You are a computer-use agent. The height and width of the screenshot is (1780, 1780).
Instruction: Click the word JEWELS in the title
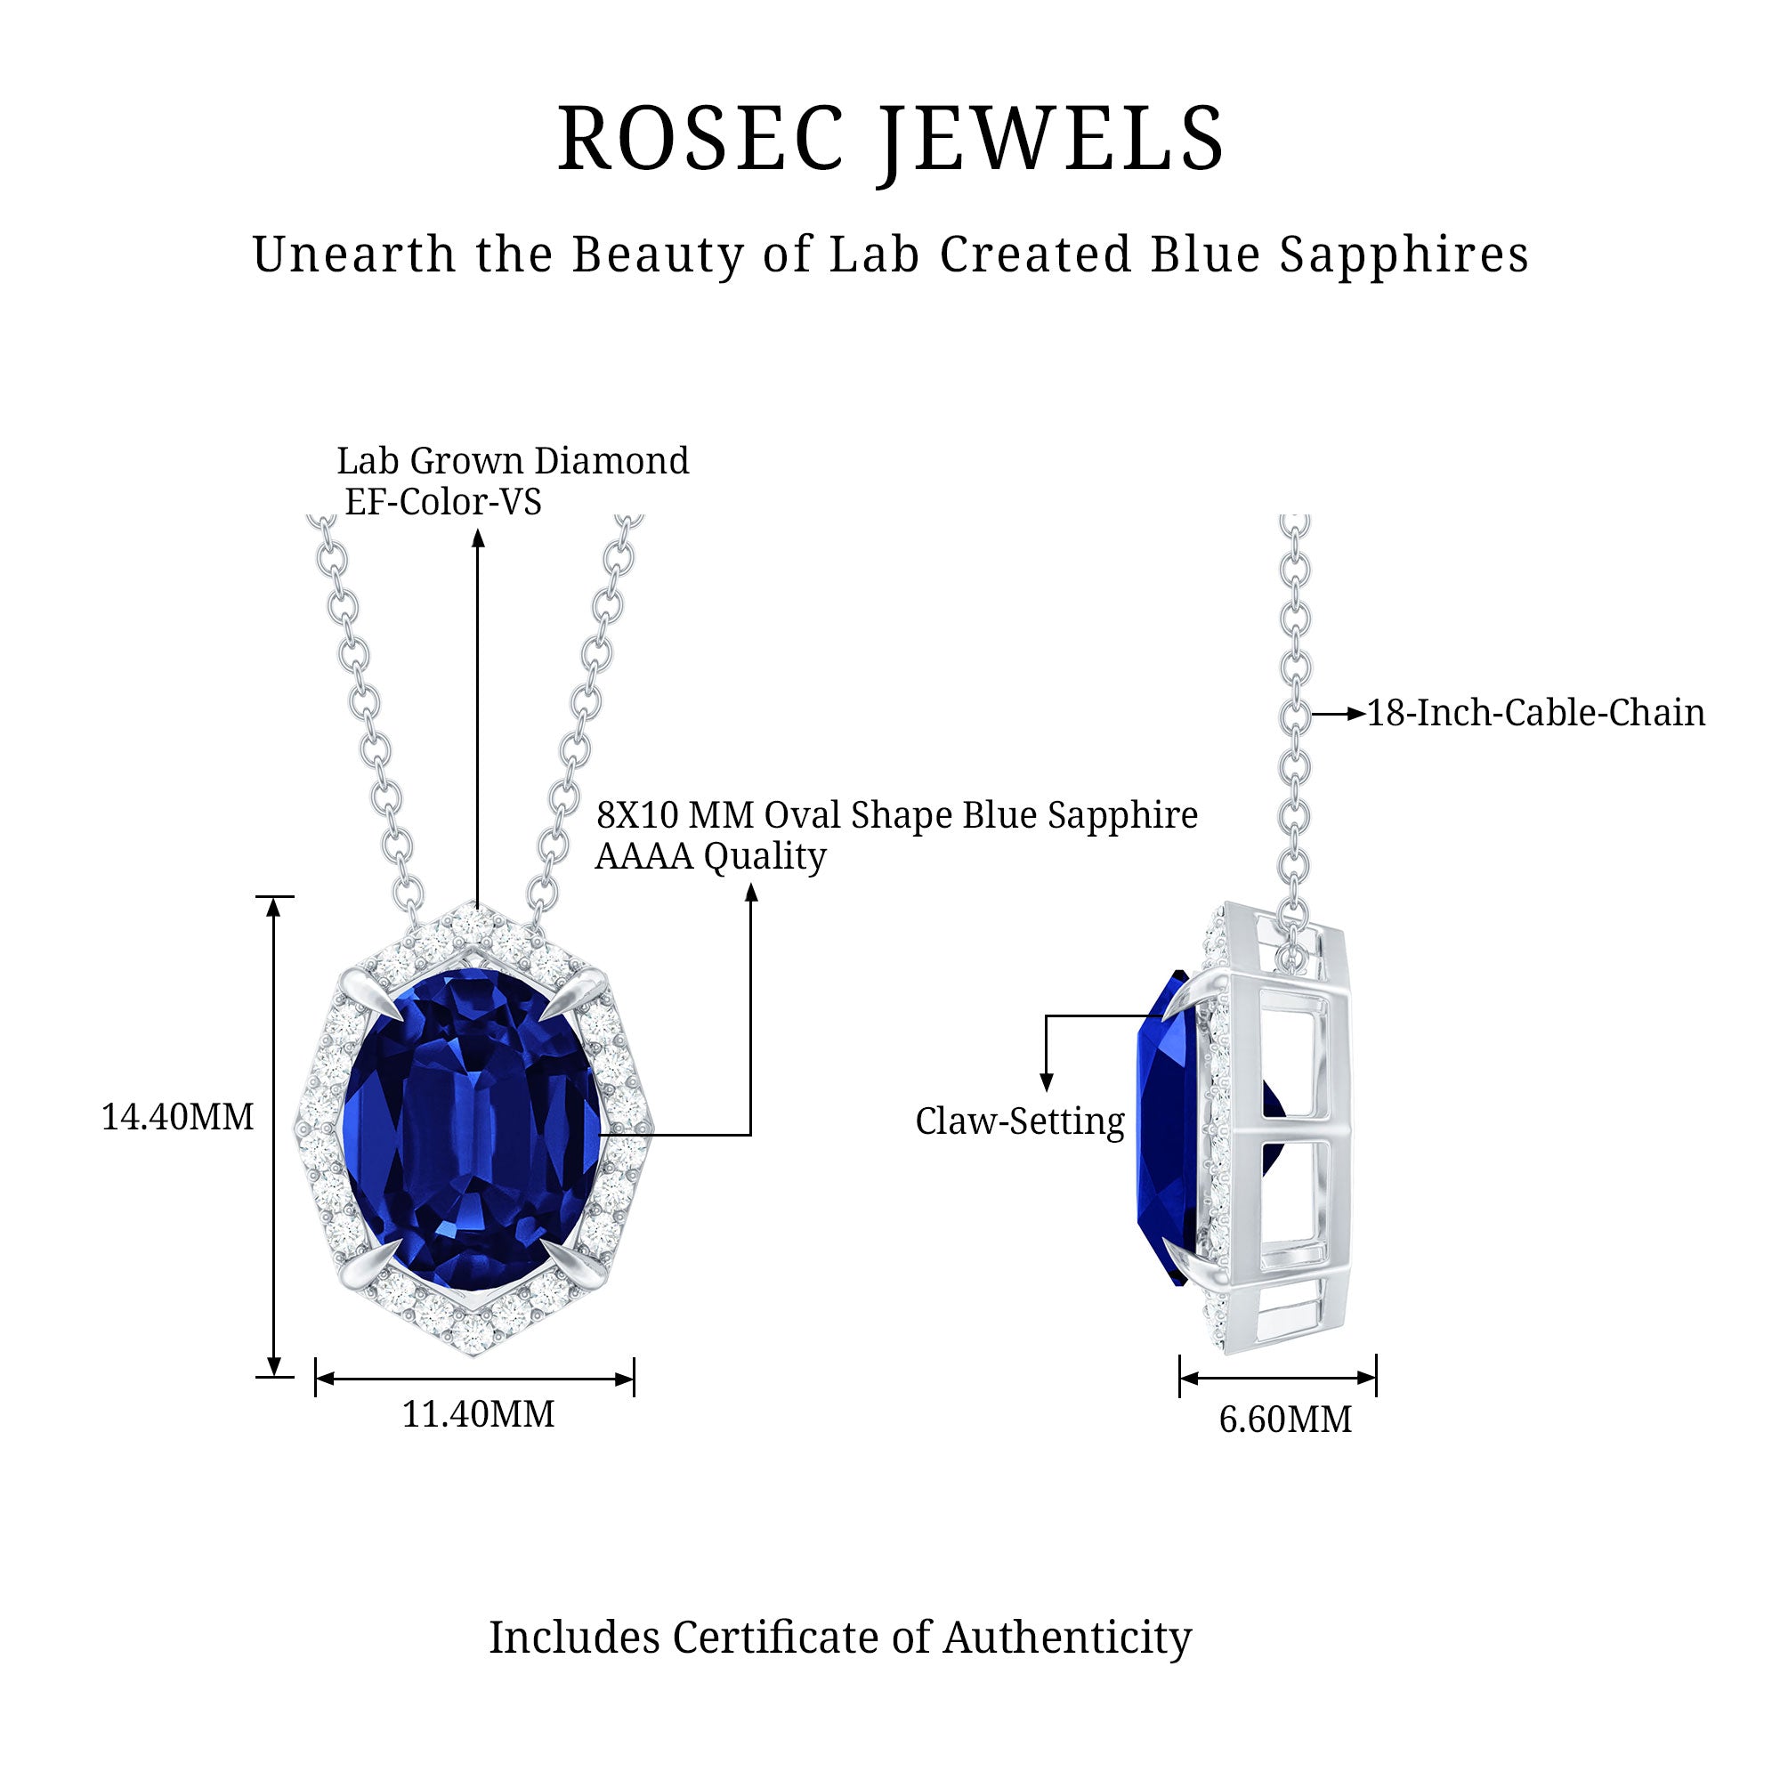point(1050,140)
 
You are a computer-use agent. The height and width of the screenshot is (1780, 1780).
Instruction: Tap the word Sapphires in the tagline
point(1404,255)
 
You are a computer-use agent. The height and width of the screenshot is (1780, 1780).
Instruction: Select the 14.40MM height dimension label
point(177,1117)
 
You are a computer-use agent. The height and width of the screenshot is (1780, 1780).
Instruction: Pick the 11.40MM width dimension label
point(478,1413)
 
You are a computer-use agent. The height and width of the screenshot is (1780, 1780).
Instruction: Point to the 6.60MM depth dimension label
point(1285,1419)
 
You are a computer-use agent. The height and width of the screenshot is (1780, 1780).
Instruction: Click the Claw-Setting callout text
point(1020,1121)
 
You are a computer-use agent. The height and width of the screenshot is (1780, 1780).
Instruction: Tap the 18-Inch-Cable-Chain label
point(1535,713)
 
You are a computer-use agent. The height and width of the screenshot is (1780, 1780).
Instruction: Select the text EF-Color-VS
point(443,501)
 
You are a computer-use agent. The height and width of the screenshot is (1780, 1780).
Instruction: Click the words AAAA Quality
point(710,856)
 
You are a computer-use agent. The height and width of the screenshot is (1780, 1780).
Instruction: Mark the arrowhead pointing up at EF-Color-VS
point(478,538)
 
